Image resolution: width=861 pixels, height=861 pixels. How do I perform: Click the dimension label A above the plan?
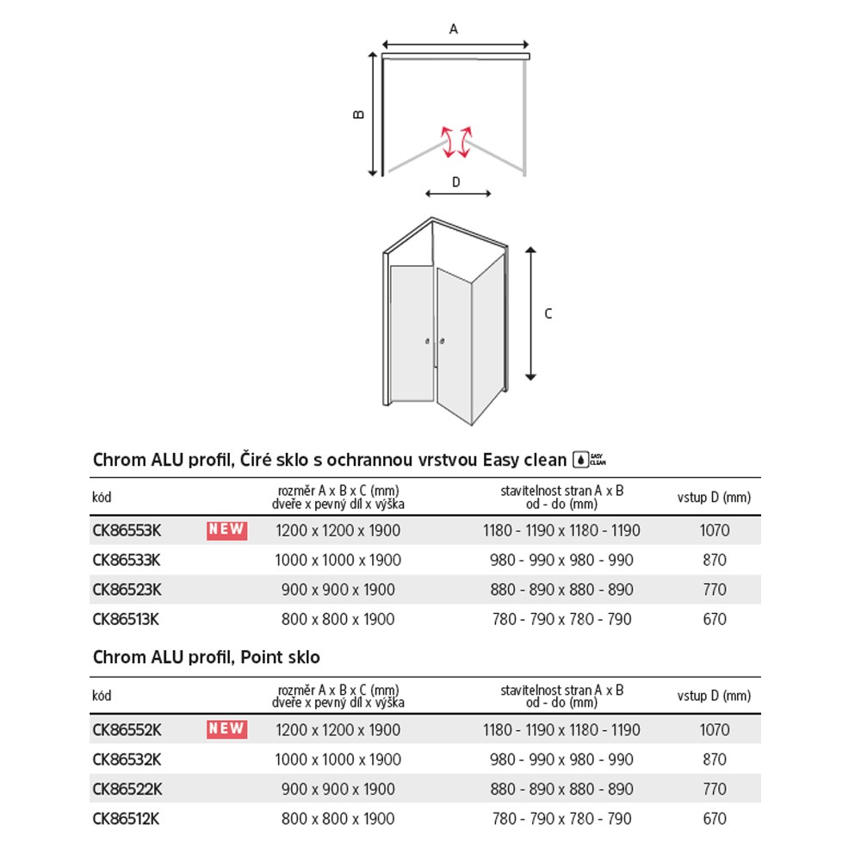click(454, 29)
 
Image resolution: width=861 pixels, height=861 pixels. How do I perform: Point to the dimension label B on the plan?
click(360, 114)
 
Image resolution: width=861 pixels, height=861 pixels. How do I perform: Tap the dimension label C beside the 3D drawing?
click(548, 314)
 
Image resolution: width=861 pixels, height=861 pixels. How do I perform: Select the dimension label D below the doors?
click(456, 182)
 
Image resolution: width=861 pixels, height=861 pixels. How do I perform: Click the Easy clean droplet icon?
click(582, 460)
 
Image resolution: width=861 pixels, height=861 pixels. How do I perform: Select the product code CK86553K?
click(127, 530)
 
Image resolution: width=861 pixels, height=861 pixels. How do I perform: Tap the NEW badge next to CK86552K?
click(226, 729)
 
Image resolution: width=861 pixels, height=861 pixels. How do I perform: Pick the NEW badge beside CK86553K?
click(226, 530)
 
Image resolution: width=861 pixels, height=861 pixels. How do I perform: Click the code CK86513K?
click(126, 619)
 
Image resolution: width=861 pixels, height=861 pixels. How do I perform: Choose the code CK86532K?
click(127, 759)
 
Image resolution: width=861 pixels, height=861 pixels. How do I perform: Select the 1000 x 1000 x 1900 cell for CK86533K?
click(338, 561)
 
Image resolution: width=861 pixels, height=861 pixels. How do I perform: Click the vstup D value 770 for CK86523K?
click(715, 590)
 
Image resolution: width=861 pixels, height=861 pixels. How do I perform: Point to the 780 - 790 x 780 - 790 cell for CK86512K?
click(561, 819)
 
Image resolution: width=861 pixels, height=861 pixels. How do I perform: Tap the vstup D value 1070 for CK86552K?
click(715, 730)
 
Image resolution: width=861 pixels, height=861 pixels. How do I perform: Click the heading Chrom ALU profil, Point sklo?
click(206, 658)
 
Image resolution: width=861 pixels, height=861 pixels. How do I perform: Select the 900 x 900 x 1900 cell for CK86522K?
click(338, 790)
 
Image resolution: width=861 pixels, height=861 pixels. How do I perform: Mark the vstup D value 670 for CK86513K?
click(715, 619)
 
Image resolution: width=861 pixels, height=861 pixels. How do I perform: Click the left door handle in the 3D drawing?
click(427, 343)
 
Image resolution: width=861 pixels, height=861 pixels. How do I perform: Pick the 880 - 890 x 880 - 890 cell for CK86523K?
click(561, 590)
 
